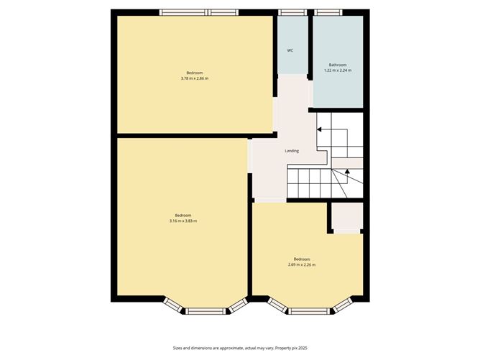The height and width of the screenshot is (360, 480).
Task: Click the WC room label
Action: (290, 50)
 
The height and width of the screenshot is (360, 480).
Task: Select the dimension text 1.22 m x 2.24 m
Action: (338, 70)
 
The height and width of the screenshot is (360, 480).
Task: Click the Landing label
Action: (292, 151)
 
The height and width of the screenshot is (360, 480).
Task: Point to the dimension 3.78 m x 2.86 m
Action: (195, 78)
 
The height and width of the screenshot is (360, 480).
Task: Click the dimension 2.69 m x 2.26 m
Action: (302, 264)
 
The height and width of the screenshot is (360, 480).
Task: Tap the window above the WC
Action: (291, 12)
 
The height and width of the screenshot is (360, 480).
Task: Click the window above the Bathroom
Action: (328, 12)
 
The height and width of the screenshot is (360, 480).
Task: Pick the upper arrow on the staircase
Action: (319, 130)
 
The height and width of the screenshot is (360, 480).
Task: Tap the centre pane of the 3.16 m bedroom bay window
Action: (207, 310)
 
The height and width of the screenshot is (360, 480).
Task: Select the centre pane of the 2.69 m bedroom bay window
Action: (310, 310)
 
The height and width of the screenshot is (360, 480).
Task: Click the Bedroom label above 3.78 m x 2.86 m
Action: (195, 73)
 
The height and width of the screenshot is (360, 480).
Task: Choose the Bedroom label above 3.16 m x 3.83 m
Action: (183, 215)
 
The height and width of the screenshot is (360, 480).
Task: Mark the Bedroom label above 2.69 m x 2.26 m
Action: (302, 259)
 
